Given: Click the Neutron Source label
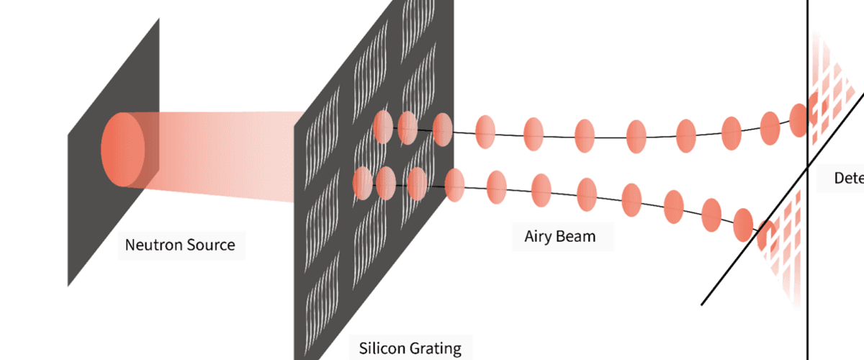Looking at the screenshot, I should tap(180, 245).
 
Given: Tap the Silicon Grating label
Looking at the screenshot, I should tap(410, 348).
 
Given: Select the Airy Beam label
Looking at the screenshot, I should tap(559, 235).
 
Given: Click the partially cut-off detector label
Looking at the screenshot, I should tap(848, 178).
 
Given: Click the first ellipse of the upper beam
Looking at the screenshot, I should tap(383, 127).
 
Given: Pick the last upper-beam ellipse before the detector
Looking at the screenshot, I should tap(798, 120).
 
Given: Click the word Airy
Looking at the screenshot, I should tap(540, 235).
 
